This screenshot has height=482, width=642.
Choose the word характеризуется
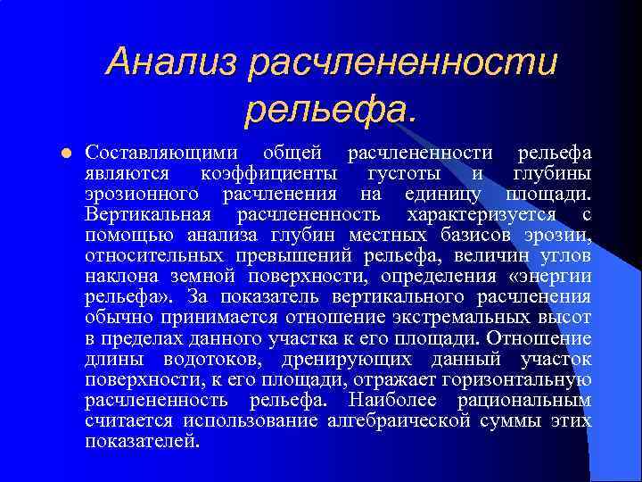coord(480,214)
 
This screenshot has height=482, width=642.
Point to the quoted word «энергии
coord(549,277)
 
